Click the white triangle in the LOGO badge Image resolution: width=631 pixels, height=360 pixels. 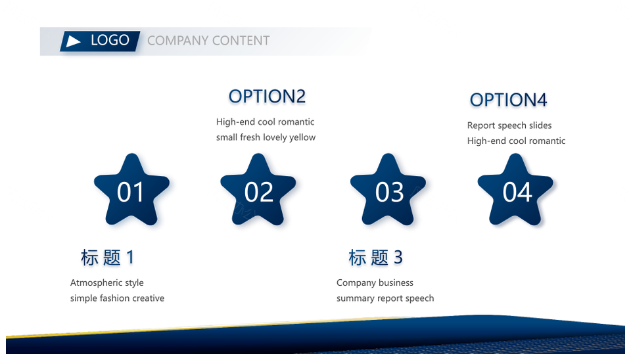pos(73,41)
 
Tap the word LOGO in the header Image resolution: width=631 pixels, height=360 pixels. pos(110,40)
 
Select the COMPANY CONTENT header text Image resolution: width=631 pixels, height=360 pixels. pos(208,41)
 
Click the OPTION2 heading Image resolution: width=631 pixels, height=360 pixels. pos(267,97)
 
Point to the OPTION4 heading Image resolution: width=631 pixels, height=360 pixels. pos(508,100)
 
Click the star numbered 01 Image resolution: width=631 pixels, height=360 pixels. pos(131,189)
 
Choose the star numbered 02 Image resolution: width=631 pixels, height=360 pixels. pos(258,189)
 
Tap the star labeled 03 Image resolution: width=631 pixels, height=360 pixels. pos(388,189)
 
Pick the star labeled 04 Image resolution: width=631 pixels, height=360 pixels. pos(515,189)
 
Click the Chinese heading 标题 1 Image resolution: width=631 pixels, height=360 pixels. pos(107,258)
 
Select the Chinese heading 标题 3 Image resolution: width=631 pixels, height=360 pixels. pos(375,258)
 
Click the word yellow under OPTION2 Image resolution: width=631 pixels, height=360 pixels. pos(302,137)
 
